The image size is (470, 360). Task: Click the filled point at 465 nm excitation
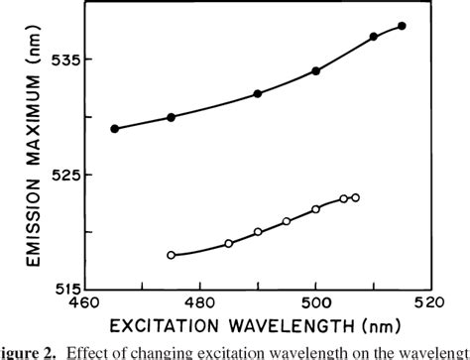[x=115, y=129]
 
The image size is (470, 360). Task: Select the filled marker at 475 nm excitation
[x=172, y=117]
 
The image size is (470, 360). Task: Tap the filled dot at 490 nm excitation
[x=258, y=93]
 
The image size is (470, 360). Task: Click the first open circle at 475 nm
[x=172, y=255]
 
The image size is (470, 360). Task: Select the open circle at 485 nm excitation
[x=229, y=243]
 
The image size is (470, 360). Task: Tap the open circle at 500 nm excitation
[x=316, y=209]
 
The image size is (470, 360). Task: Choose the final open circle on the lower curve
[x=355, y=197]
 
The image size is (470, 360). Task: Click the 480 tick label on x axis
[x=200, y=300]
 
